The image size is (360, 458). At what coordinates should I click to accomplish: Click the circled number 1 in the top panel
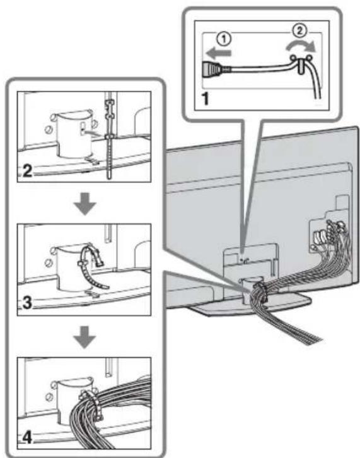224,40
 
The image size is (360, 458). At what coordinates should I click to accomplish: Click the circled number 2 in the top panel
299,31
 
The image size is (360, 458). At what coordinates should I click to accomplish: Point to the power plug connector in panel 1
214,69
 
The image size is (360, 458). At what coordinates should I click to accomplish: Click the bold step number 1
206,98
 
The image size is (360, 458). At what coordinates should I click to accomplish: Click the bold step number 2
27,171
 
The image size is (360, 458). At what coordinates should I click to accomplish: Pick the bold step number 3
27,303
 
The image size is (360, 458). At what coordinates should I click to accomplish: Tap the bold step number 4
28,438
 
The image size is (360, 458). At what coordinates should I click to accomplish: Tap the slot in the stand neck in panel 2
83,127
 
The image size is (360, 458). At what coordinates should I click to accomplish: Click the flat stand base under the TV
250,305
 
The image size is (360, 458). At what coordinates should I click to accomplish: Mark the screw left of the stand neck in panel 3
49,262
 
